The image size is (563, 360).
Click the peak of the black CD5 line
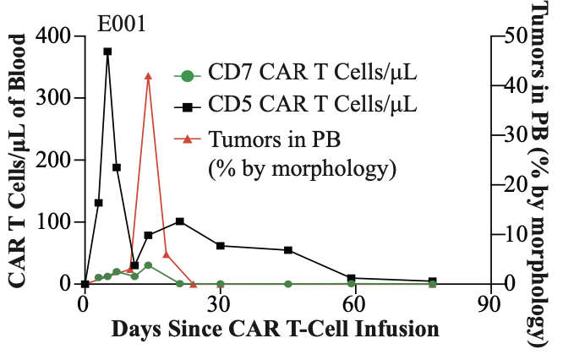click(x=107, y=52)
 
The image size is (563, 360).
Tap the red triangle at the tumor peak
click(x=148, y=76)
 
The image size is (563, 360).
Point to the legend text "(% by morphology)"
click(x=301, y=168)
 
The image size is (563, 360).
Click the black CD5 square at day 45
click(x=288, y=250)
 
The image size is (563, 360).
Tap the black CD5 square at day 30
click(x=221, y=246)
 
